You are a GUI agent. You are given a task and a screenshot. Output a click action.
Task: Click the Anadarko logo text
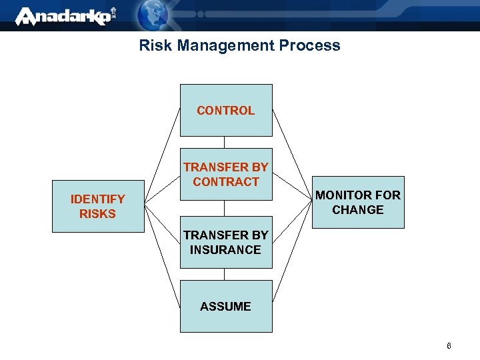(63, 16)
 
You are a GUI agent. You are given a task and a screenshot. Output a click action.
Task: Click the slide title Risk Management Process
(239, 45)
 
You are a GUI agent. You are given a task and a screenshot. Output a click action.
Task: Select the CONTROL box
(226, 110)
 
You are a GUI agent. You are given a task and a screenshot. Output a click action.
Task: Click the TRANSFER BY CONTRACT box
(226, 174)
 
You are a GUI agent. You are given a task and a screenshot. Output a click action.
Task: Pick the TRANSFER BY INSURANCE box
(226, 242)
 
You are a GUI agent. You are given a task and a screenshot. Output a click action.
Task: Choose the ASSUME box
(226, 306)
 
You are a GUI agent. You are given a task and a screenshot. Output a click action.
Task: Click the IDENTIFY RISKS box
(98, 206)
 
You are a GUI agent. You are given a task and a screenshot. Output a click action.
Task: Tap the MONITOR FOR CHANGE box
(358, 203)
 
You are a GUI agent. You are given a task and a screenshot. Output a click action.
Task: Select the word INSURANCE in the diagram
(225, 250)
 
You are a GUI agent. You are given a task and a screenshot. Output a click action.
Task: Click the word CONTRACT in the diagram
(226, 181)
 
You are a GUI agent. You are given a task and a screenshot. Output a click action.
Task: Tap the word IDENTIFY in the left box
(98, 199)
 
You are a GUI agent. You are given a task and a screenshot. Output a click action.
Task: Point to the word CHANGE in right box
(358, 210)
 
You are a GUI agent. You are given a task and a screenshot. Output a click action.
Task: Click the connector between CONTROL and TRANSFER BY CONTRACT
(225, 142)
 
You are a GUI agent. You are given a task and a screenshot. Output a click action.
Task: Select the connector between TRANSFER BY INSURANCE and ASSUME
(225, 274)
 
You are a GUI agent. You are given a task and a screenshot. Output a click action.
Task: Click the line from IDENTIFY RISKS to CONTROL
(163, 154)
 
